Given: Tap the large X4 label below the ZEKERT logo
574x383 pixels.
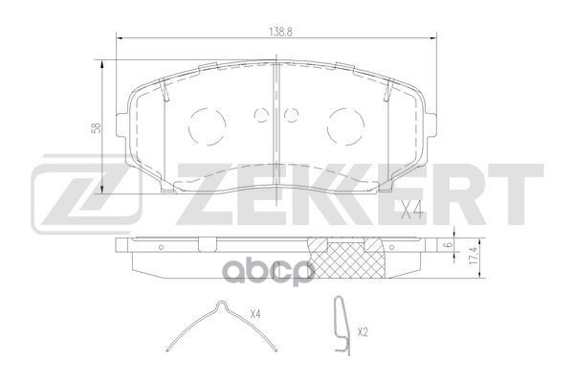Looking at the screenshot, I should pyautogui.click(x=411, y=210).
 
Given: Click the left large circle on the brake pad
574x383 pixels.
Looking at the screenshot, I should pyautogui.click(x=205, y=124).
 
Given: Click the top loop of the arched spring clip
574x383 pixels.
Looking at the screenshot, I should pyautogui.click(x=222, y=307).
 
